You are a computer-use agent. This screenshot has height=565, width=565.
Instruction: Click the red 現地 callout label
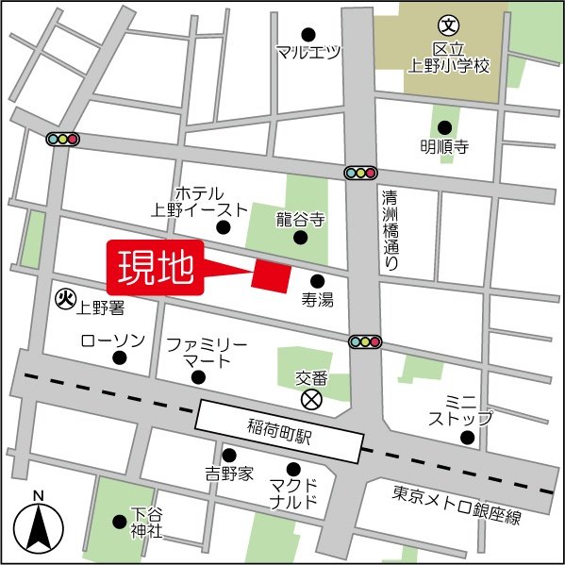(157, 268)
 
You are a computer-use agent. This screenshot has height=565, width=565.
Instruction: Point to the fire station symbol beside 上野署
(65, 300)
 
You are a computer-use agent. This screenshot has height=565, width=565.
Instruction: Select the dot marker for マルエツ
(307, 33)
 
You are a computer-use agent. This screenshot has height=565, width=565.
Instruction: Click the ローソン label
(112, 341)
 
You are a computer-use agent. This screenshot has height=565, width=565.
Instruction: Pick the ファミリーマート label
(207, 353)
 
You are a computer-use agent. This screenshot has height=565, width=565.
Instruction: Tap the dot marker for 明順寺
(444, 126)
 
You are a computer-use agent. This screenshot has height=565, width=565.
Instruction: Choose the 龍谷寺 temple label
(300, 220)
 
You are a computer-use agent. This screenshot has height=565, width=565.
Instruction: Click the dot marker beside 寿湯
(316, 280)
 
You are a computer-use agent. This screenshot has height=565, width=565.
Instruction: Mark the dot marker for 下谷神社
(119, 521)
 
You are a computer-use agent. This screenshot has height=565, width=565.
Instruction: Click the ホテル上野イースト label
(199, 201)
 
